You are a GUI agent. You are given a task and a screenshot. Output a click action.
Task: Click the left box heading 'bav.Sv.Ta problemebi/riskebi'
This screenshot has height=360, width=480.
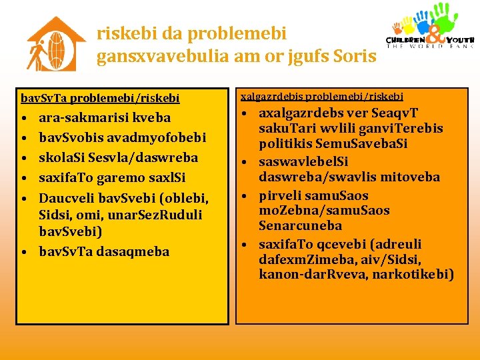[100, 98]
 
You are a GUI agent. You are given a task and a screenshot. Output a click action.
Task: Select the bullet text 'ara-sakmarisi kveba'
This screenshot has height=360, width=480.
[105, 117]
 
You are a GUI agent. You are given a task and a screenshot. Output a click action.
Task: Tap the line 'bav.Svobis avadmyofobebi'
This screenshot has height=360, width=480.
[122, 137]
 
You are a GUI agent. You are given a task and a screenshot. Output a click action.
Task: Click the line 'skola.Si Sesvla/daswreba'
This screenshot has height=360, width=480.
[118, 157]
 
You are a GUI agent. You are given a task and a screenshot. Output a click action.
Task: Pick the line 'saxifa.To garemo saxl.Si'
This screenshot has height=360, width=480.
[112, 178]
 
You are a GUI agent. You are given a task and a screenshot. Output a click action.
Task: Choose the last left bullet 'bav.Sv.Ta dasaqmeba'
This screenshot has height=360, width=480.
[104, 251]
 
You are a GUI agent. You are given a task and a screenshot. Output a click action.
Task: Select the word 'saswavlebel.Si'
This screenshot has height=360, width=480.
[303, 161]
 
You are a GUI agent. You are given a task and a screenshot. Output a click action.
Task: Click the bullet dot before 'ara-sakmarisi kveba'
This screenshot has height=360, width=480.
[23, 119]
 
